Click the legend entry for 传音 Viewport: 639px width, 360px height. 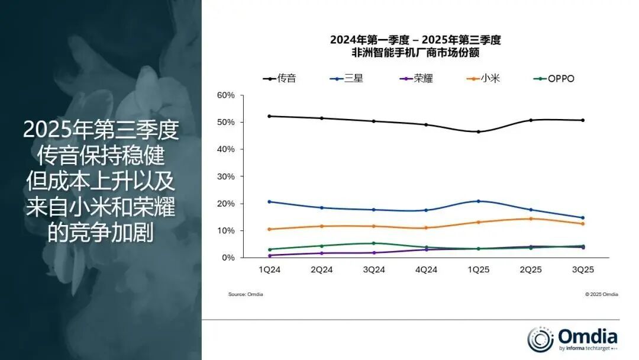tap(279, 78)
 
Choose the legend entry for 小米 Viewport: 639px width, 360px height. tap(483, 78)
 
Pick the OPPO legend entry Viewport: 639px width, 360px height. tap(553, 78)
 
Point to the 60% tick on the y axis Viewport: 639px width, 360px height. tap(226, 95)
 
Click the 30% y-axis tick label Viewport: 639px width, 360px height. tap(226, 176)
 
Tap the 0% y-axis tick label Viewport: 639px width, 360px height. tap(228, 258)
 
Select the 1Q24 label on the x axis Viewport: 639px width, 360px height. tap(270, 269)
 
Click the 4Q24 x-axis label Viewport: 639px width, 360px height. tap(426, 269)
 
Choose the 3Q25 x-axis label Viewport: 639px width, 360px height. tap(582, 269)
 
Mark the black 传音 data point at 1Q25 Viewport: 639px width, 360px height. tap(478, 131)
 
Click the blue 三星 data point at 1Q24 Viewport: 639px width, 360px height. tap(270, 202)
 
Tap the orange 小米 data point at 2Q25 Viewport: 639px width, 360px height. tap(530, 218)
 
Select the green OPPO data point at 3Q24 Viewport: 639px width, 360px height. tap(374, 243)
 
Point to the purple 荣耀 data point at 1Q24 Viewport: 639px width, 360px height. tap(270, 255)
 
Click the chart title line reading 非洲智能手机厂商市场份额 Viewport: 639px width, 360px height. tap(415, 52)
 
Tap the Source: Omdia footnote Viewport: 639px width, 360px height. tap(246, 294)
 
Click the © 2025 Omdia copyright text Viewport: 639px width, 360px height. tap(601, 294)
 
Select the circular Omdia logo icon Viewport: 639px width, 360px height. tap(541, 339)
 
